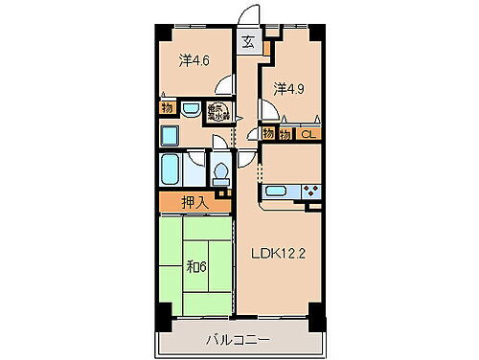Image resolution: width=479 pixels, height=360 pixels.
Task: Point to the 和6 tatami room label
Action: tap(197, 265)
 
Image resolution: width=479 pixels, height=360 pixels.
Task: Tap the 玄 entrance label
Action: tap(248, 42)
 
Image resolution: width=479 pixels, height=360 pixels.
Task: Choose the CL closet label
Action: tap(308, 134)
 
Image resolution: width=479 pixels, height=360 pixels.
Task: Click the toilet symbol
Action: tap(220, 171)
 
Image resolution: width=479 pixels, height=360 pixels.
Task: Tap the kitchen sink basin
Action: tap(277, 191)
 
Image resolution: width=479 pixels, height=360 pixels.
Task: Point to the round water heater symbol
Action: tap(218, 111)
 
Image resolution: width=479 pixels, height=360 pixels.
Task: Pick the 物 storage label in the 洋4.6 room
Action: tap(167, 108)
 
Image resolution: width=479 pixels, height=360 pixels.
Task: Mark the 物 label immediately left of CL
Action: tap(286, 134)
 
